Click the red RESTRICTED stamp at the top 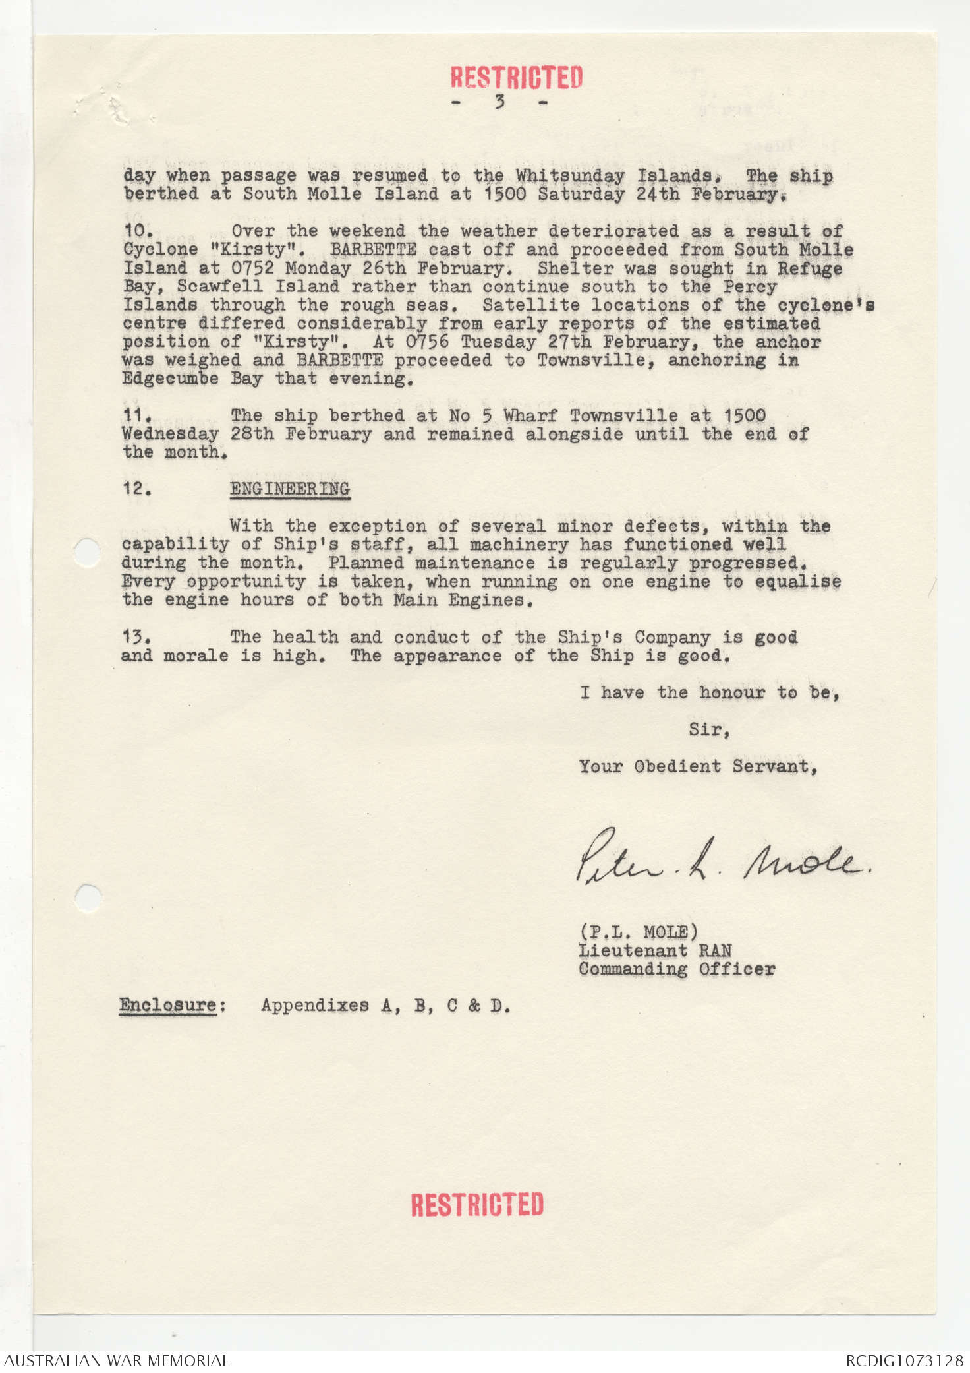[517, 77]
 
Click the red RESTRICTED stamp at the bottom [477, 1205]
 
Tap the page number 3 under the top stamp [500, 102]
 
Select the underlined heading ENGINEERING [290, 489]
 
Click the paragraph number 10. [138, 231]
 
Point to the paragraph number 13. [136, 637]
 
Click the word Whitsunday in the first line [570, 175]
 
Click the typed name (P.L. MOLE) [638, 932]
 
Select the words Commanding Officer [677, 969]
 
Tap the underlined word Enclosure [168, 1005]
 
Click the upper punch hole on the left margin [87, 552]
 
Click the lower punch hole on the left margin [88, 898]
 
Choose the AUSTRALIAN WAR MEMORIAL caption [117, 1360]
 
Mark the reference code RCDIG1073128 [904, 1360]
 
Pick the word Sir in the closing [708, 729]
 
